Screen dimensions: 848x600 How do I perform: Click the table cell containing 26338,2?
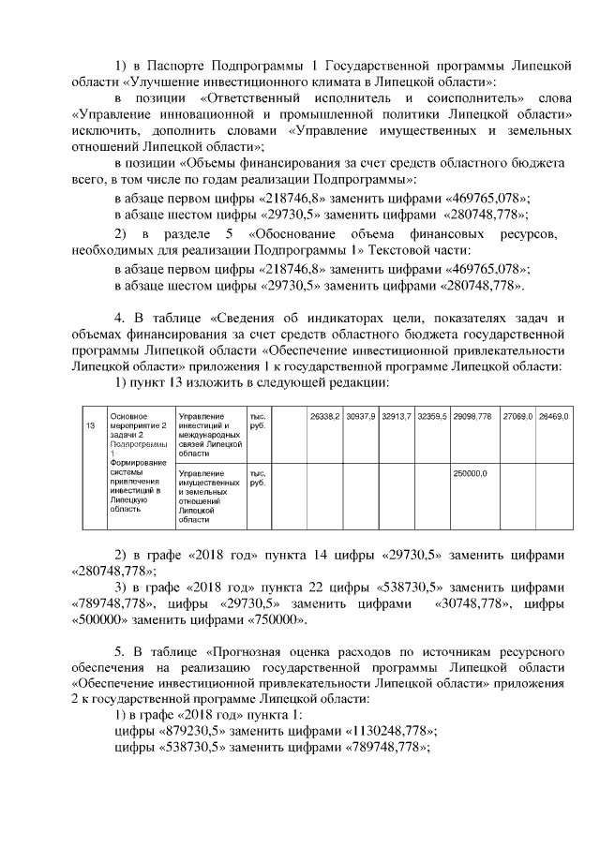point(324,415)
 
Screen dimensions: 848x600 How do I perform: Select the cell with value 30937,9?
point(360,415)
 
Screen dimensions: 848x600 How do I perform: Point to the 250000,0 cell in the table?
point(471,473)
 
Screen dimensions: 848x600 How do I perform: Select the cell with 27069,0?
point(517,415)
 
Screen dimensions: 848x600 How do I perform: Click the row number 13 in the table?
point(90,425)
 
